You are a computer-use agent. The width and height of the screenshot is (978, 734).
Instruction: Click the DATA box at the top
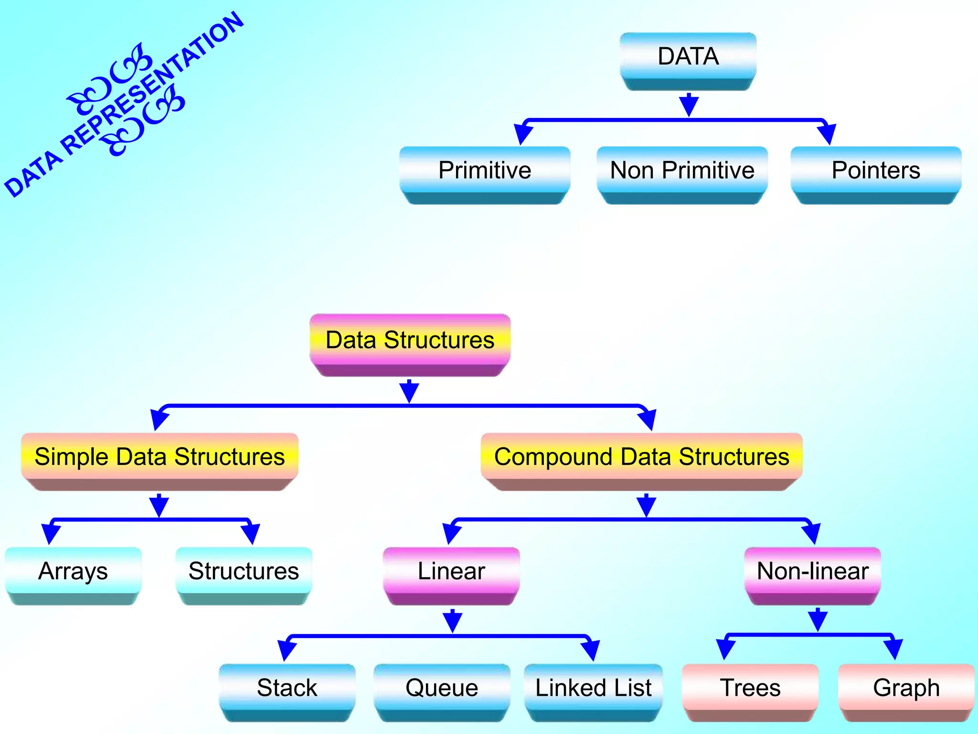[x=688, y=57]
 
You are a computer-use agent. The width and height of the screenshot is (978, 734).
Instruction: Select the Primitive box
[x=485, y=171]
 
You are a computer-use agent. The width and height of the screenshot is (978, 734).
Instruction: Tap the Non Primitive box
[x=682, y=171]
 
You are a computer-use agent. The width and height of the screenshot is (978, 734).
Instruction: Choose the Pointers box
[x=876, y=171]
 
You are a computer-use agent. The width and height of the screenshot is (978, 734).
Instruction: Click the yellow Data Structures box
[x=410, y=341]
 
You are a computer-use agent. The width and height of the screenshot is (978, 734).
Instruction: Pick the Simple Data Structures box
[x=159, y=457]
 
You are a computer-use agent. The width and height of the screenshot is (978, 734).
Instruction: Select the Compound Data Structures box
[x=641, y=457]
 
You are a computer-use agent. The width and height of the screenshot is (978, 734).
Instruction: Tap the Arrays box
[x=73, y=572]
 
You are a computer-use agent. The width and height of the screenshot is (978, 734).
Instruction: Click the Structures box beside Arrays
[x=244, y=572]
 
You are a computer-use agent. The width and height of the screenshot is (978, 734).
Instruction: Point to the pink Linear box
[x=451, y=572]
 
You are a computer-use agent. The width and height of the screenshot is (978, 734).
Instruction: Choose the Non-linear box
[x=813, y=572]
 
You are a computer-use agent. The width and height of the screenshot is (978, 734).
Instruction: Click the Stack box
[x=287, y=688]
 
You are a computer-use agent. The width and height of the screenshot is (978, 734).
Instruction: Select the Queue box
[x=442, y=688]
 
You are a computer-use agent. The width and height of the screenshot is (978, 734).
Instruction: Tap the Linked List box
[x=593, y=688]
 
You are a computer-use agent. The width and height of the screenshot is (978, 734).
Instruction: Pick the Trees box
[x=750, y=688]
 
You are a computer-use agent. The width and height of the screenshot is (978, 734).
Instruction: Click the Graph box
[x=906, y=688]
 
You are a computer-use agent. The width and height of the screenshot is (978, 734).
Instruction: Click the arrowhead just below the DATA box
[x=689, y=105]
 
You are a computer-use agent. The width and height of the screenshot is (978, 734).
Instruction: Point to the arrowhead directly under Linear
[x=452, y=621]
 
